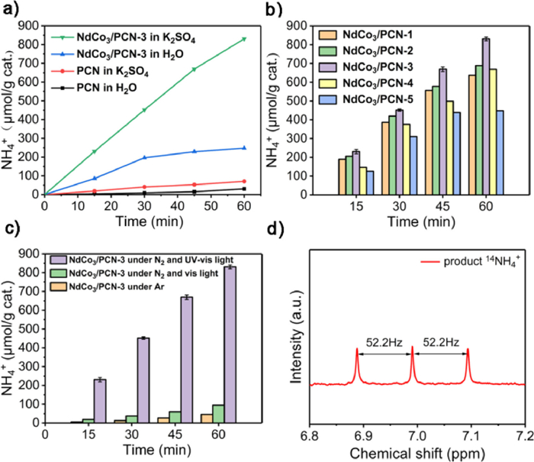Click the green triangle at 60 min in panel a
[244, 39]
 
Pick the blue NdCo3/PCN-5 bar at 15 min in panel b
[370, 183]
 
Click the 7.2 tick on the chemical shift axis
[524, 435]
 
